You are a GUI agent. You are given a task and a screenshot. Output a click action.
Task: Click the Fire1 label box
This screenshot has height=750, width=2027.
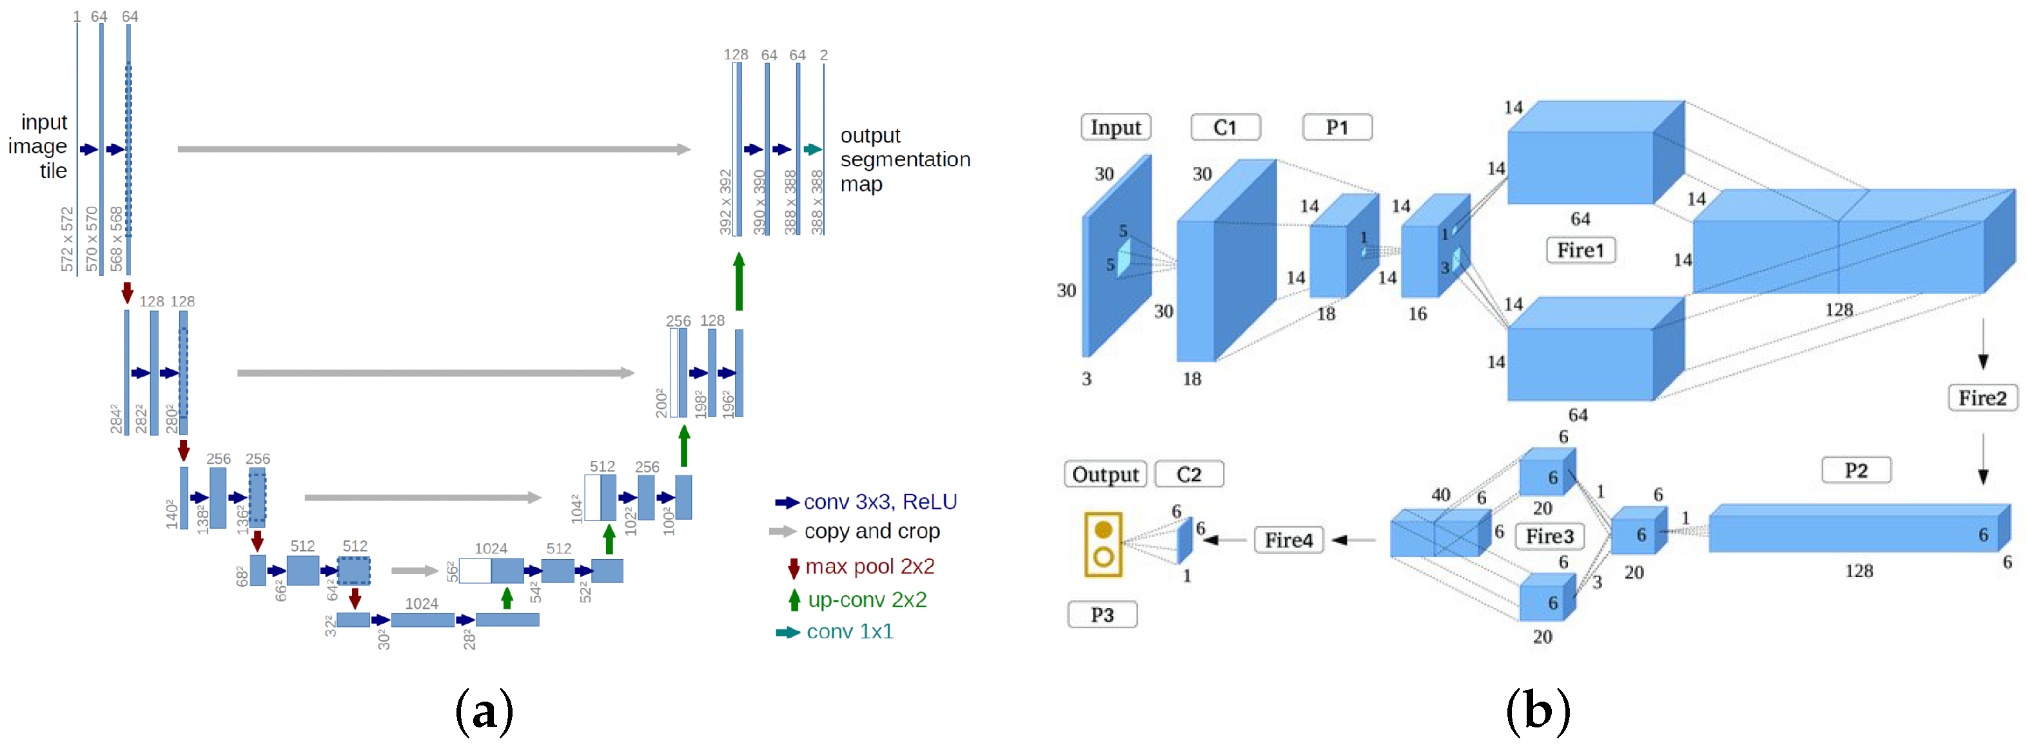[x=1580, y=250]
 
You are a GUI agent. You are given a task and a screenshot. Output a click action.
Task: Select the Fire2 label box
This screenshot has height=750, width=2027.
[x=1982, y=397]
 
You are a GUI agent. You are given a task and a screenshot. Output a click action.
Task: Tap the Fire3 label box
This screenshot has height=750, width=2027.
[x=1549, y=536]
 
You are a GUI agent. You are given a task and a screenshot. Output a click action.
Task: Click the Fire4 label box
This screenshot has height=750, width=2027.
[x=1288, y=540]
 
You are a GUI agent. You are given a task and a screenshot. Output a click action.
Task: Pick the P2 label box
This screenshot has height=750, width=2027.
[x=1856, y=471]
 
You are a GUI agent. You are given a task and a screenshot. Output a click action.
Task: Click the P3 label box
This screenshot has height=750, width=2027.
[x=1102, y=615]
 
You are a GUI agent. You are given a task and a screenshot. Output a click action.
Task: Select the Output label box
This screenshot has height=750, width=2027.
[x=1105, y=475]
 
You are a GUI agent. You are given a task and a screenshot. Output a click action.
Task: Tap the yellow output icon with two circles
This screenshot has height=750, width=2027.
[x=1103, y=544]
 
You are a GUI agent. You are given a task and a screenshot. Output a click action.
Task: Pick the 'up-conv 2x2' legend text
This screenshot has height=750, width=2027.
[x=867, y=600]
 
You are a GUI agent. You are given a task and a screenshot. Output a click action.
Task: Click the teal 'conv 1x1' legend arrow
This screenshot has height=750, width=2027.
[x=788, y=633]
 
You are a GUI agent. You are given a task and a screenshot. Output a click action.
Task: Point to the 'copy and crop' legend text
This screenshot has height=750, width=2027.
[x=872, y=531]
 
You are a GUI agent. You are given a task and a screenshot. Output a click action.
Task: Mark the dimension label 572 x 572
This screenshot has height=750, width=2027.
[x=67, y=239]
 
